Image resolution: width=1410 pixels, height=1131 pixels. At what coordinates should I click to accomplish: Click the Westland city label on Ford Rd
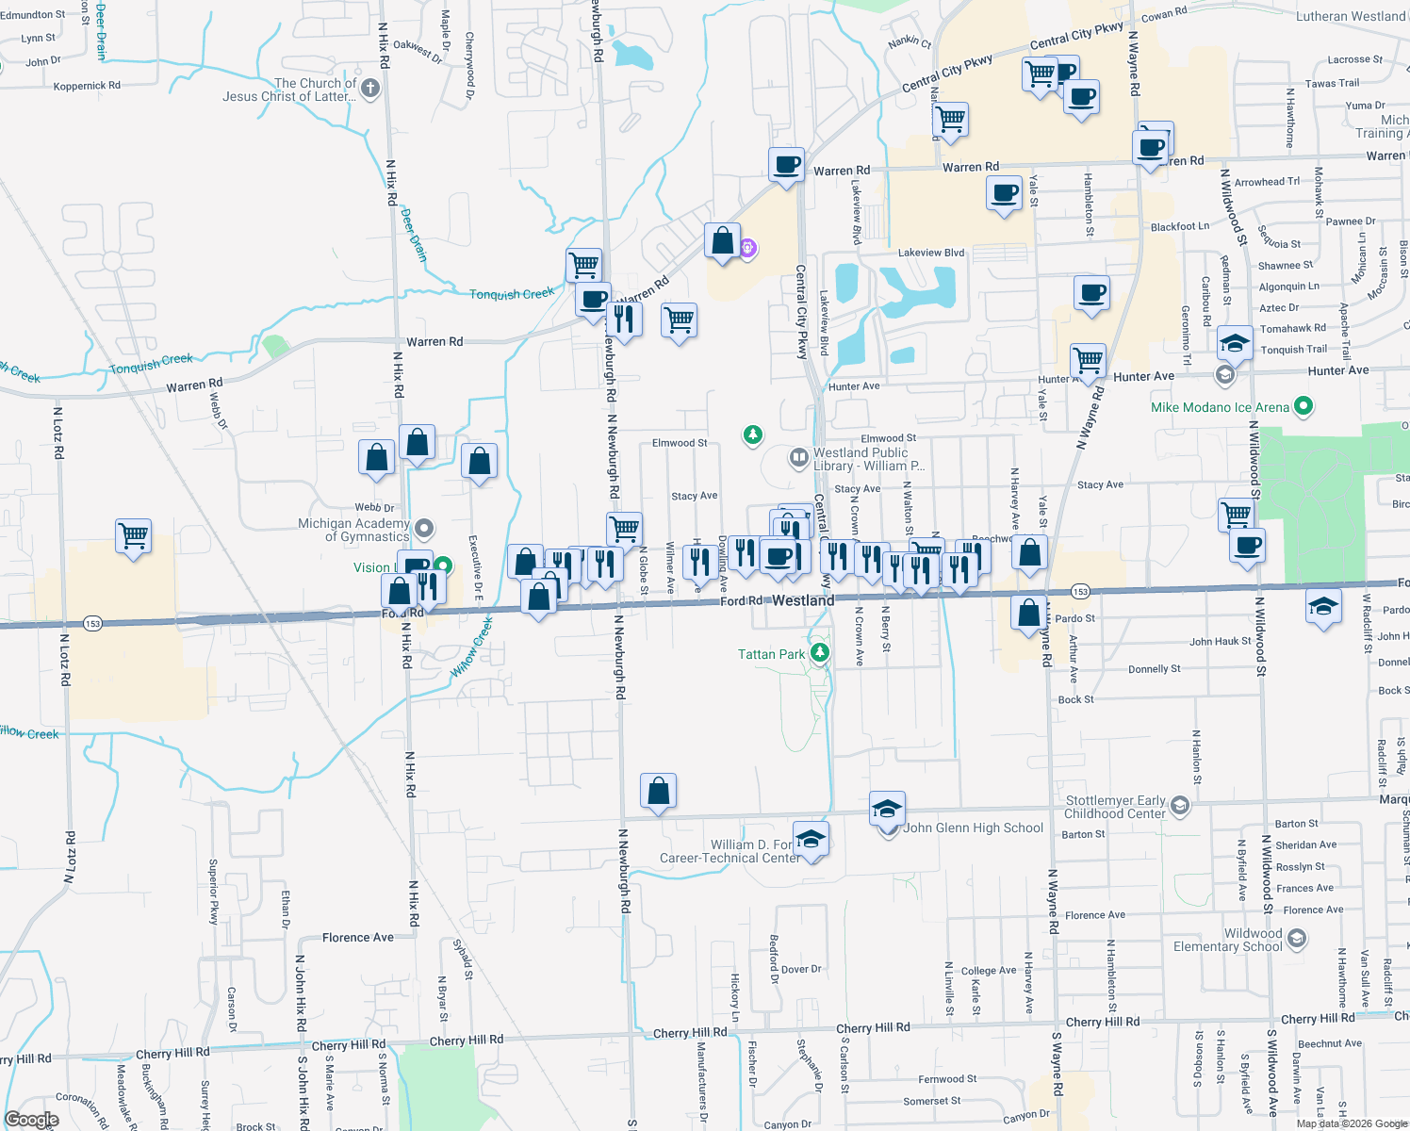(x=803, y=600)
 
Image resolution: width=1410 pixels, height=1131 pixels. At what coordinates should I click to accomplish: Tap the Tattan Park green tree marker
(x=820, y=652)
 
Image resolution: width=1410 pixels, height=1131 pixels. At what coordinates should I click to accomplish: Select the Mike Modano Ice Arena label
(x=1220, y=407)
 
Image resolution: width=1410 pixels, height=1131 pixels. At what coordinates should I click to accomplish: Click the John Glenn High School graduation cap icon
(x=886, y=810)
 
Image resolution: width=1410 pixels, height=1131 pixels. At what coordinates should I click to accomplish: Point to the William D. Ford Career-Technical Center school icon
(x=811, y=838)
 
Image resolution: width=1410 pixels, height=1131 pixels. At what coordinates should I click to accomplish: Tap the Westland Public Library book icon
(x=798, y=458)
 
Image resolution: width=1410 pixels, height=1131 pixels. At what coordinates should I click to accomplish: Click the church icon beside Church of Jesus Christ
(x=369, y=90)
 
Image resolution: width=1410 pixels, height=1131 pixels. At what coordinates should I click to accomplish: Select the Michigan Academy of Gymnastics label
(x=353, y=530)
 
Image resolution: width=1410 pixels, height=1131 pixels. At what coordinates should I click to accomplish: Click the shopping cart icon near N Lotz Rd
(x=134, y=535)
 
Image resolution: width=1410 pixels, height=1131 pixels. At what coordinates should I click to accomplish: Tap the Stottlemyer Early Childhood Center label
(x=1115, y=807)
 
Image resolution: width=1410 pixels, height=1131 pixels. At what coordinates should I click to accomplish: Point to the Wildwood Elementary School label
(x=1227, y=940)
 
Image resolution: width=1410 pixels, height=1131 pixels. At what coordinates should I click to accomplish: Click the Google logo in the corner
(x=31, y=1120)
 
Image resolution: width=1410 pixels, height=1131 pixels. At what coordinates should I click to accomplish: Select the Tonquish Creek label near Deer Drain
(x=512, y=294)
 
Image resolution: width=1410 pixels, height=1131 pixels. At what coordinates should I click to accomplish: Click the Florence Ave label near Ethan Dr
(x=358, y=938)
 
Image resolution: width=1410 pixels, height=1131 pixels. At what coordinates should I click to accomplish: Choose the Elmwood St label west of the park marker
(x=680, y=443)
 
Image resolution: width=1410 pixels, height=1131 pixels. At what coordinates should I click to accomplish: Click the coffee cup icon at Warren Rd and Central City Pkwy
(x=786, y=165)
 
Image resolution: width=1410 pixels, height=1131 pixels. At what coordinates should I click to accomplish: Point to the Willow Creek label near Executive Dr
(x=472, y=647)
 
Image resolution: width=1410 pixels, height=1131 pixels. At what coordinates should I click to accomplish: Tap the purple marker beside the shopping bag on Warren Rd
(x=747, y=248)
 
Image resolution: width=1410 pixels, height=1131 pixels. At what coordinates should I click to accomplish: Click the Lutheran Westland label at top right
(x=1351, y=17)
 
